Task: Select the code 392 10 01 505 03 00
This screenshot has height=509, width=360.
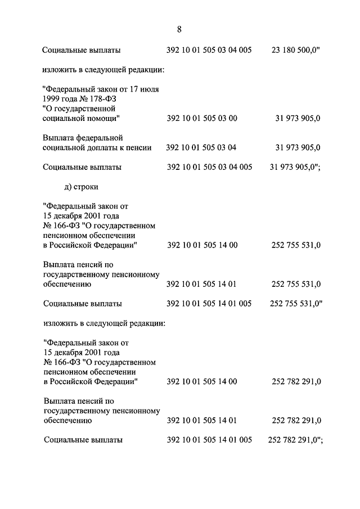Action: point(202,118)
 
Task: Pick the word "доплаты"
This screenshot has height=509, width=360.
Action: point(110,147)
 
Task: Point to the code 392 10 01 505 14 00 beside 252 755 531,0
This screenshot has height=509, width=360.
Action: point(202,245)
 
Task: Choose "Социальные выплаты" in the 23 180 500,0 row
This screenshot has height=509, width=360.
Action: point(81,51)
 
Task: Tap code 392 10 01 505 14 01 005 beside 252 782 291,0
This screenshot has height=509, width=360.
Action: point(209,440)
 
